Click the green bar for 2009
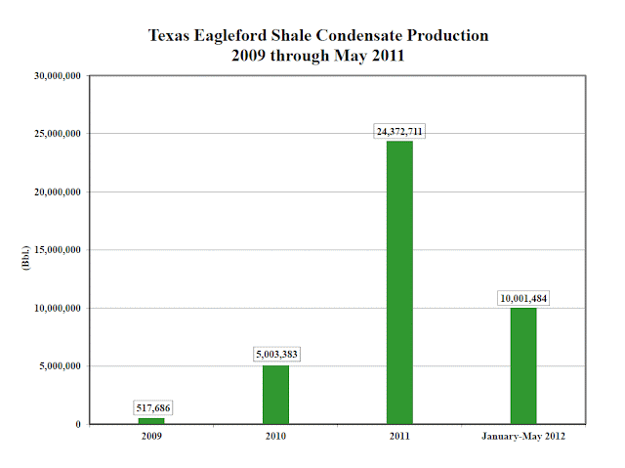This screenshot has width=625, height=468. pyautogui.click(x=151, y=420)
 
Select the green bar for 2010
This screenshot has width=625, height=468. pyautogui.click(x=275, y=395)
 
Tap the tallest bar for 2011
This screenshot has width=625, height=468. pyautogui.click(x=399, y=282)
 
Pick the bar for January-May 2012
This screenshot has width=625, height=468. pyautogui.click(x=523, y=365)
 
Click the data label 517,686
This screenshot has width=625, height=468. pyautogui.click(x=151, y=407)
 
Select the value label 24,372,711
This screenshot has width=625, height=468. pyautogui.click(x=399, y=131)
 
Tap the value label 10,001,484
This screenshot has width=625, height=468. pyautogui.click(x=523, y=298)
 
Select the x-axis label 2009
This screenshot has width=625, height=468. pyautogui.click(x=151, y=437)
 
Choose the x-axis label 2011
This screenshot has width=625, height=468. pyautogui.click(x=399, y=437)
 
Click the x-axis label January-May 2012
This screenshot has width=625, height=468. pyautogui.click(x=523, y=437)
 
